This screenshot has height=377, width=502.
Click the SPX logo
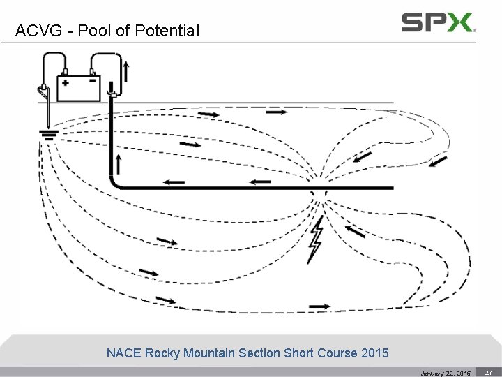click(439, 22)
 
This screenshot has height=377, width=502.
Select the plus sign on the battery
click(66, 82)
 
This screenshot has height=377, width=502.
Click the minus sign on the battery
click(92, 80)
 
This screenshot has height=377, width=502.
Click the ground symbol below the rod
click(49, 135)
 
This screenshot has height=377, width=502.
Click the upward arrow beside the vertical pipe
click(119, 165)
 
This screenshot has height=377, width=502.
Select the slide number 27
click(489, 372)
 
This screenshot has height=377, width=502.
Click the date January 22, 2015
click(445, 373)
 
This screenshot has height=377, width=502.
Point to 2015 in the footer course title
click(375, 353)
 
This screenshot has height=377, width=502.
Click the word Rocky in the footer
click(162, 353)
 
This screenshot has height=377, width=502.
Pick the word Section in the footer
click(260, 353)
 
